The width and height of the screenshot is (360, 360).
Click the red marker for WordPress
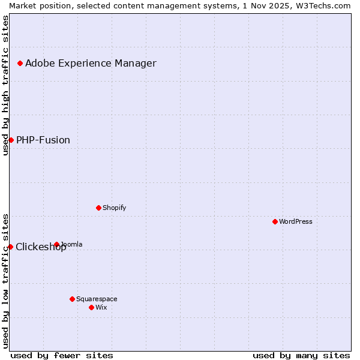point(275,221)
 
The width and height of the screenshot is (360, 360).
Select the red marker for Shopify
point(98,208)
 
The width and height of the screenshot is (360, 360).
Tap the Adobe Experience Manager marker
point(20,63)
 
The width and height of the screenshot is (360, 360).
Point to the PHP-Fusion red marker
point(11,140)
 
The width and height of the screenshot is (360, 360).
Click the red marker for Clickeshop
point(10,247)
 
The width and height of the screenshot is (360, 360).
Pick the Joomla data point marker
point(56,244)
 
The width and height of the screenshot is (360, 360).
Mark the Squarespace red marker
point(72,299)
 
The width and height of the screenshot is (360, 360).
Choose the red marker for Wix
point(91,307)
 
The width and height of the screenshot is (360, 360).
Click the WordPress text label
point(296,221)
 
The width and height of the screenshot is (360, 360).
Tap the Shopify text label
point(114,208)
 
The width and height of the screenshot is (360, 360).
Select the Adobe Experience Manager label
point(91,63)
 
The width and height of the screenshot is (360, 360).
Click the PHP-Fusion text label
point(43,140)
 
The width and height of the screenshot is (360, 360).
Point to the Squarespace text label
point(97,299)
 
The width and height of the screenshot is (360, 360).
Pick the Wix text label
point(101,307)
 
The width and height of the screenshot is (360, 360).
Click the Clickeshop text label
point(41,247)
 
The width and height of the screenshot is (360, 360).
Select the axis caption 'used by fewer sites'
point(62,355)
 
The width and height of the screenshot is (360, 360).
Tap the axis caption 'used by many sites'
point(301,355)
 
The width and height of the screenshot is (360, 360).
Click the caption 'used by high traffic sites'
point(5,85)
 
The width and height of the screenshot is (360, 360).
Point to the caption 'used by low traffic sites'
point(5,280)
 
